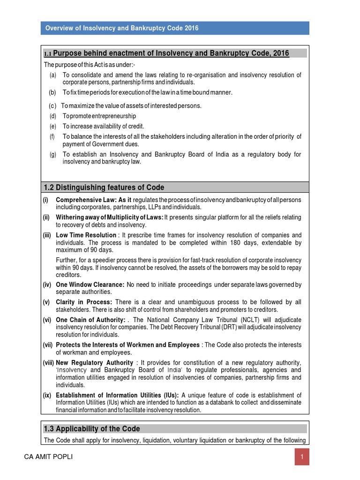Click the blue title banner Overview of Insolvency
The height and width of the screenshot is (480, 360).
[x=174, y=28]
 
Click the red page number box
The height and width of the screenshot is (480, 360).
[x=302, y=457]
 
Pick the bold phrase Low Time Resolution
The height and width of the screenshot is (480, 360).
[x=86, y=235]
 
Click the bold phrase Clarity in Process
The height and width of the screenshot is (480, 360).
[x=84, y=302]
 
